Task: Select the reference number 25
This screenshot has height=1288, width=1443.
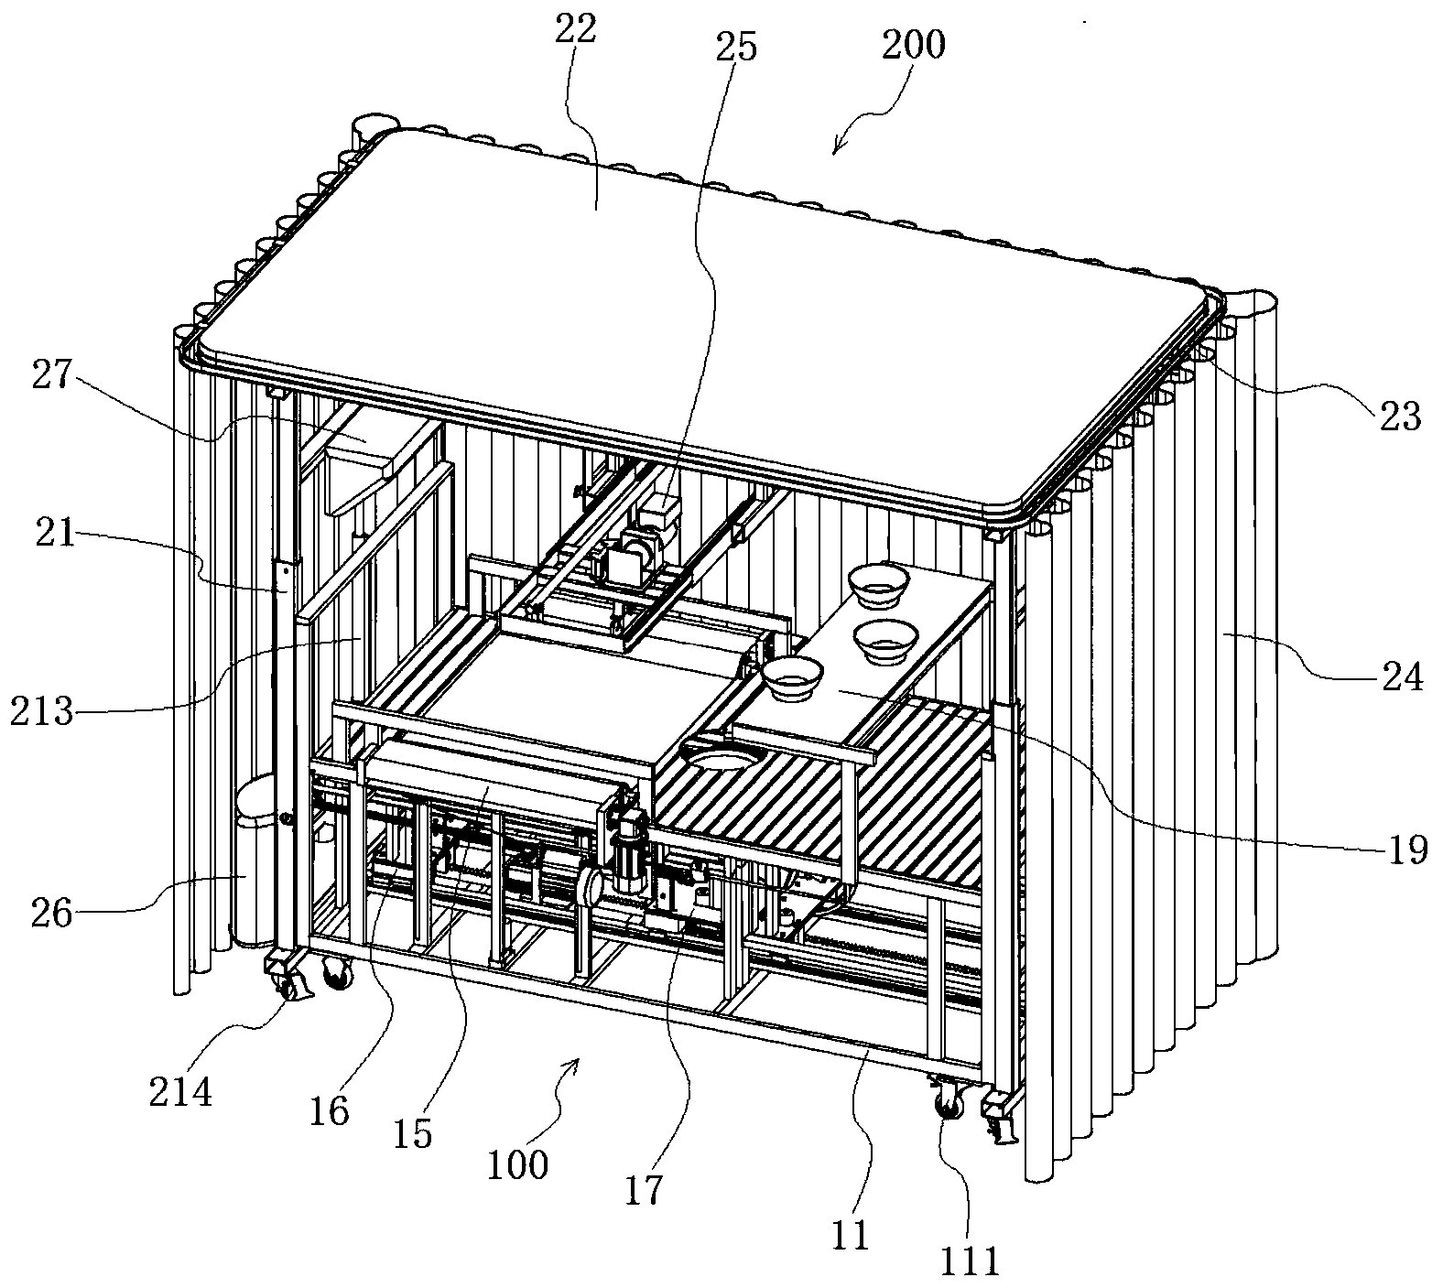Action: tap(737, 46)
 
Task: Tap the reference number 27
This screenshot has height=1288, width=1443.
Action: tap(52, 377)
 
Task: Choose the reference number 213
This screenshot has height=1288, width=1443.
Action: tap(41, 710)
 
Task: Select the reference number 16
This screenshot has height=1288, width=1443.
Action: tap(330, 1110)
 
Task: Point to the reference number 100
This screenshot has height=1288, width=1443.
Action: tap(517, 1164)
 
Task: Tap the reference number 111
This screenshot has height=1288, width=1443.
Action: tap(971, 1261)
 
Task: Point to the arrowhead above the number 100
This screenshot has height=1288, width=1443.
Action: tap(575, 1064)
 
